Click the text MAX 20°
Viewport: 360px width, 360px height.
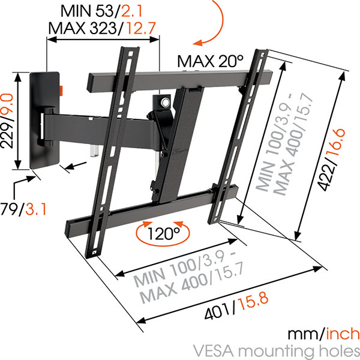(x=210, y=61)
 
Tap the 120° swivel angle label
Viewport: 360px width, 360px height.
(x=163, y=233)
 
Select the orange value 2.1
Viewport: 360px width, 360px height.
(x=131, y=11)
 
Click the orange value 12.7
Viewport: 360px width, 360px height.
(x=141, y=28)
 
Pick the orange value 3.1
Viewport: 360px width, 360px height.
(x=36, y=209)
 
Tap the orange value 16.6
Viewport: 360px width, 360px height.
(x=339, y=143)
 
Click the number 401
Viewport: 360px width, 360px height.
(x=217, y=311)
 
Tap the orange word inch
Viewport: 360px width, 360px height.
(x=343, y=334)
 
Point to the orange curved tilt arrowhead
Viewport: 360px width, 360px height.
(x=197, y=43)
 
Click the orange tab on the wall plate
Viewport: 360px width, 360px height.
(x=61, y=91)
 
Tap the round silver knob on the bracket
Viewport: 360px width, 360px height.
(x=165, y=102)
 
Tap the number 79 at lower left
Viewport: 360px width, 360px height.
(x=9, y=209)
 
